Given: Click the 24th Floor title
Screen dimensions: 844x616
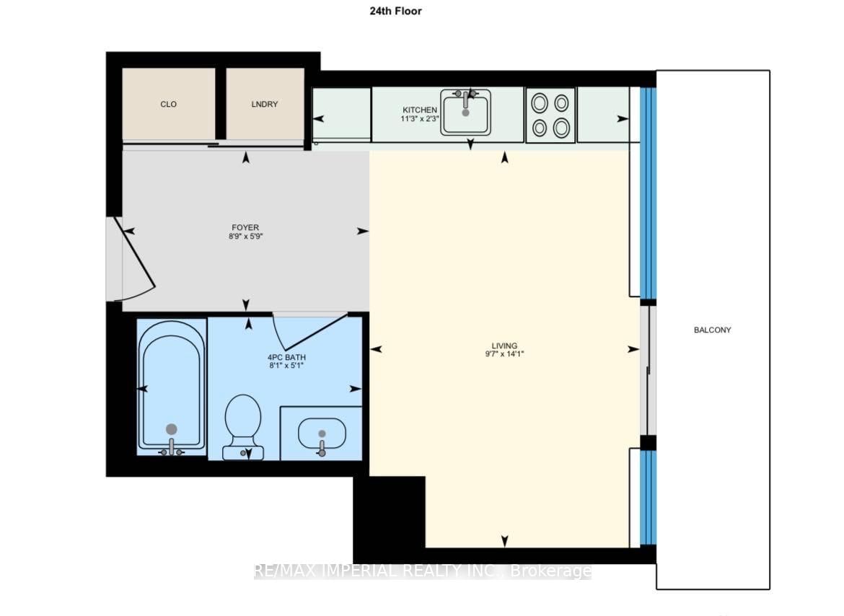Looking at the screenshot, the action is tap(395, 11).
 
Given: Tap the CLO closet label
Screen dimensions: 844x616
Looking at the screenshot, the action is tap(169, 105).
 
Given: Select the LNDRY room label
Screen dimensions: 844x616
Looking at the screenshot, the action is tap(264, 105).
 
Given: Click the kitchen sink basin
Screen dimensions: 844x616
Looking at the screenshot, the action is tap(465, 113).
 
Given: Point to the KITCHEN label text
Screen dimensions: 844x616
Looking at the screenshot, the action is tap(420, 110).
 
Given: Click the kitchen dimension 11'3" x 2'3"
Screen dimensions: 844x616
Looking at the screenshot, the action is tap(420, 118).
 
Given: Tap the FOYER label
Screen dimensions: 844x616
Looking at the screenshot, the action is tap(245, 227).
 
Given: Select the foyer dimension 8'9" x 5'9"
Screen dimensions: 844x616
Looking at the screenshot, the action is tap(245, 236).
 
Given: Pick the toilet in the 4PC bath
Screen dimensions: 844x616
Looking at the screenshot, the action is tap(243, 427).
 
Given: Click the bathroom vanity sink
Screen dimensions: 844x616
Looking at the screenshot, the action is tap(321, 434).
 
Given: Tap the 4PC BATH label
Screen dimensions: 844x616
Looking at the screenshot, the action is tap(286, 357).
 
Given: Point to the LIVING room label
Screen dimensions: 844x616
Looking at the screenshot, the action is tap(504, 346).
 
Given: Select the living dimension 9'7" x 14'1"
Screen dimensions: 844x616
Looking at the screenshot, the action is tap(504, 354).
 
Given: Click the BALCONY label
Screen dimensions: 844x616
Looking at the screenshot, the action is tap(712, 330).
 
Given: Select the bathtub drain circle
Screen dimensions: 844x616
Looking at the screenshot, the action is tap(171, 429).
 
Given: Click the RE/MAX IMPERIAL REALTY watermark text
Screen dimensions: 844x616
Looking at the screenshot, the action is tap(423, 571).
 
